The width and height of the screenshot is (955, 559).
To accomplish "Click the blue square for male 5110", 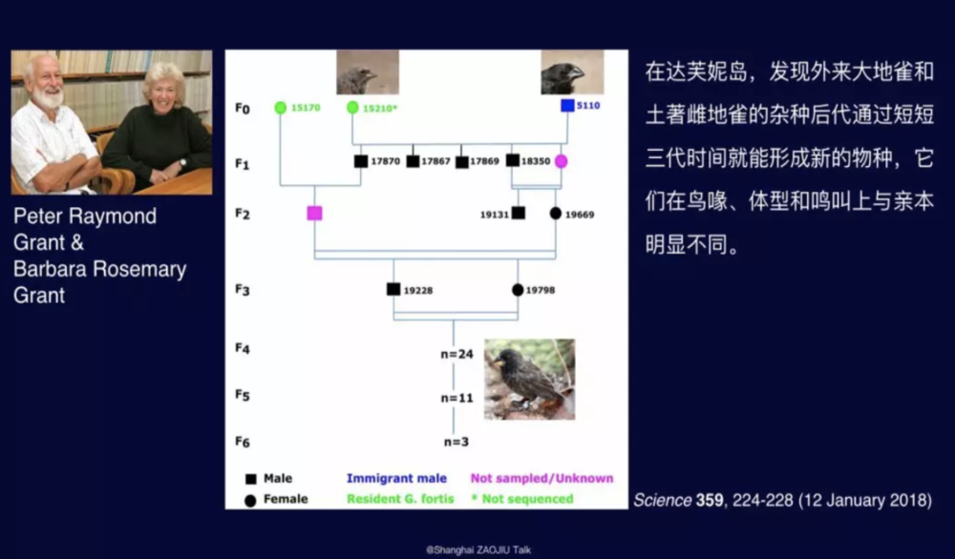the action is click(567, 106).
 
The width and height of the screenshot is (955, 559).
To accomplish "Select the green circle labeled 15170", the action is click(280, 108).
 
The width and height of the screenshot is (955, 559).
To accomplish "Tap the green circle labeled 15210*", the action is click(352, 108).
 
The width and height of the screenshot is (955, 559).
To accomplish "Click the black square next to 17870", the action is click(361, 161).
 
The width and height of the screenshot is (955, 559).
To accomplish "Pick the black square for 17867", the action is click(413, 161).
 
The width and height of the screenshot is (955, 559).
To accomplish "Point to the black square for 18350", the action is click(513, 160).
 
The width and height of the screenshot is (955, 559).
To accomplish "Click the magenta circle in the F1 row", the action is click(561, 161).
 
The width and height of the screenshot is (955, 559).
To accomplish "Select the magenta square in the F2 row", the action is click(314, 213).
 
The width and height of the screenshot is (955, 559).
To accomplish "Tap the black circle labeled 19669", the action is click(556, 214).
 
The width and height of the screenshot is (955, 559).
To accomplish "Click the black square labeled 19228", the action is click(393, 289).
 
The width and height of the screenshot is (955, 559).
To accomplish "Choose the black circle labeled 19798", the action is click(518, 290).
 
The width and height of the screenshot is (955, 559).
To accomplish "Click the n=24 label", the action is click(456, 354).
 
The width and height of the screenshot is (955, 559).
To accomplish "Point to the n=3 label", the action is click(456, 443).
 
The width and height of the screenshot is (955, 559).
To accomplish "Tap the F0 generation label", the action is click(243, 109).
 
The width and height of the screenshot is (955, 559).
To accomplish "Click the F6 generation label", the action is click(243, 442).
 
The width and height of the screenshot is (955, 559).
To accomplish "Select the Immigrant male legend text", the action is click(396, 478).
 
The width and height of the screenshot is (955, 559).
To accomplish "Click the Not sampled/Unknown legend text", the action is click(541, 478).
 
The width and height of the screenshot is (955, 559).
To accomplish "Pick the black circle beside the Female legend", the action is click(250, 501).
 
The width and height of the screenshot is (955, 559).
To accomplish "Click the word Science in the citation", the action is click(662, 501).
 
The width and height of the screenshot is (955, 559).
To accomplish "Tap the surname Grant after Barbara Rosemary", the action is click(39, 296).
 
